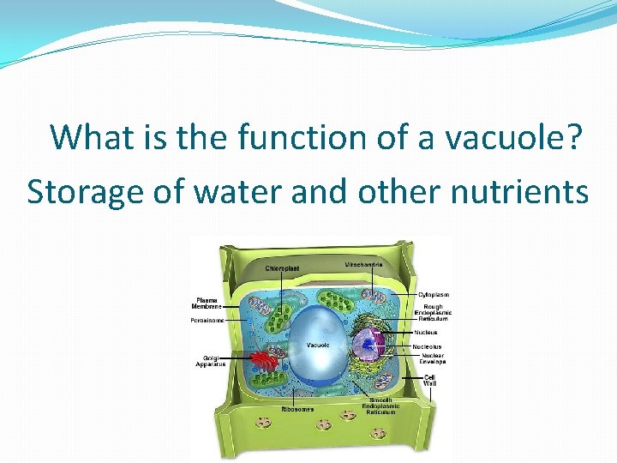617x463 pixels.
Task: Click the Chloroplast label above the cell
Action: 282,268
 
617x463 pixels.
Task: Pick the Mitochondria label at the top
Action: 363,263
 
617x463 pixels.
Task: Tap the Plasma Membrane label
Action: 207,303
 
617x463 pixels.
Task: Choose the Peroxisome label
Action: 207,321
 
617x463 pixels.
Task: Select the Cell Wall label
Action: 429,379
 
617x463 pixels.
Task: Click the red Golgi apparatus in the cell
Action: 266,364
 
